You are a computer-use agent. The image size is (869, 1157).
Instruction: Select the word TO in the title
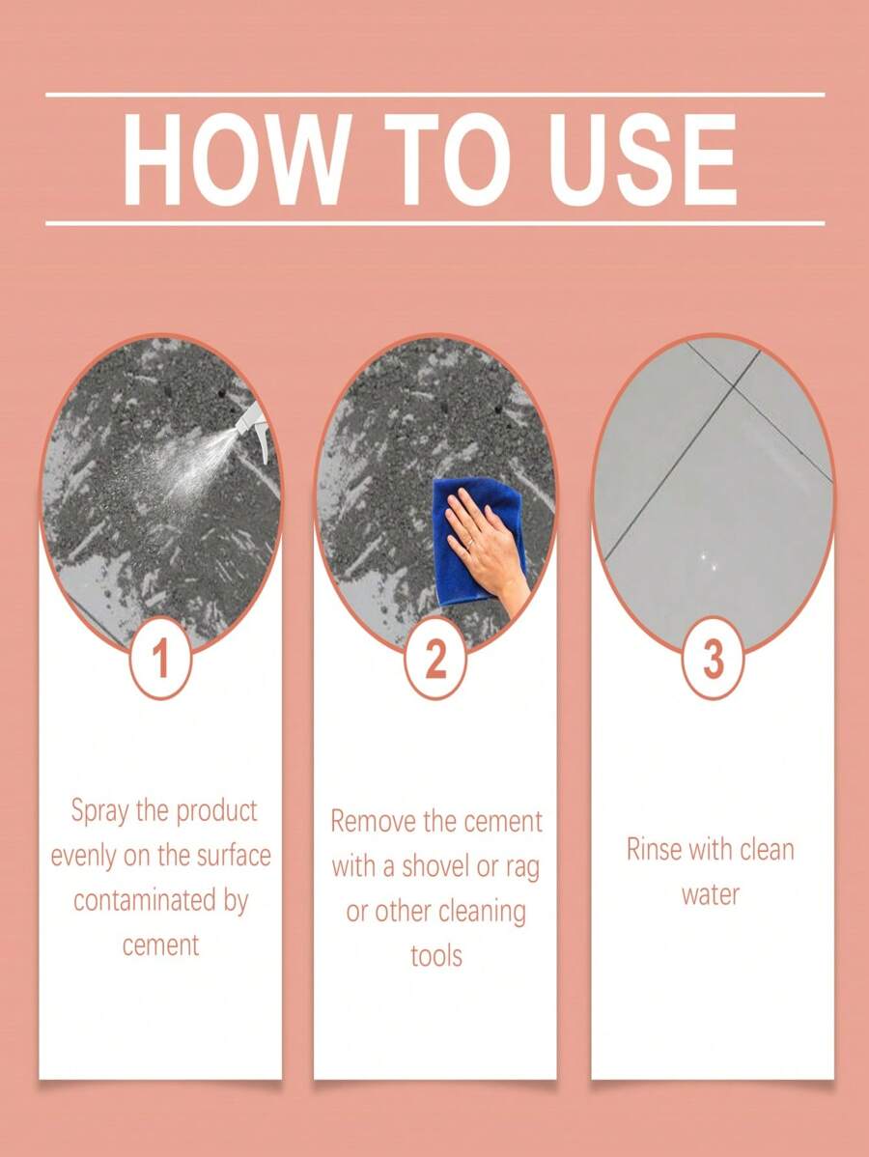[x=441, y=160]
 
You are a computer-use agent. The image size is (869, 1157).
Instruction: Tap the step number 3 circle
[x=713, y=661]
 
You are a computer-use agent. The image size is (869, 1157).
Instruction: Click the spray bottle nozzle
[x=253, y=417]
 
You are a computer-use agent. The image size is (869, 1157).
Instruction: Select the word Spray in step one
[x=99, y=811]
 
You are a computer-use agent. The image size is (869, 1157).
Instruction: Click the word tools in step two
[x=435, y=956]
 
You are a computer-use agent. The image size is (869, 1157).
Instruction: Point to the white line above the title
[x=434, y=95]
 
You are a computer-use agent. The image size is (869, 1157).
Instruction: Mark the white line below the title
[x=434, y=223]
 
